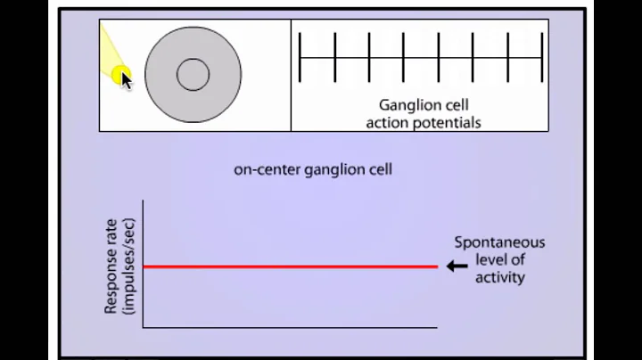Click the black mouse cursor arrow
tap(126, 80)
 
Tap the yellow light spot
tap(120, 76)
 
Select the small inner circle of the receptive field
tap(193, 75)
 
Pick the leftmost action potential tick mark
tap(300, 57)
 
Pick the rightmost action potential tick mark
tap(541, 57)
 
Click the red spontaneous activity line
tap(290, 266)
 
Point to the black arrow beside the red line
tap(457, 266)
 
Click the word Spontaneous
tap(498, 242)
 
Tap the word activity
tap(499, 277)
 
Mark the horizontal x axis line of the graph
tap(290, 327)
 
